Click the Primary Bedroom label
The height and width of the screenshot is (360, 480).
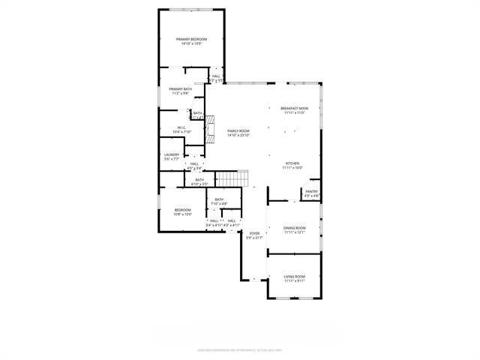[191, 39]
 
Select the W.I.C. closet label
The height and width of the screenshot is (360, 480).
[181, 127]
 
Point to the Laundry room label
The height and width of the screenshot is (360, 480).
[172, 155]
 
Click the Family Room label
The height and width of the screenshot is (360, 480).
[238, 131]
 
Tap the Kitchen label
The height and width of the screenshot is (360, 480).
[292, 163]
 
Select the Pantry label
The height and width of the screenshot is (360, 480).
[312, 192]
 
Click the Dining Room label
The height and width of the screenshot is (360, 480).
[294, 228]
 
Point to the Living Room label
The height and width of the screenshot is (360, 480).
[294, 277]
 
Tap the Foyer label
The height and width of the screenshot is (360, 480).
[255, 233]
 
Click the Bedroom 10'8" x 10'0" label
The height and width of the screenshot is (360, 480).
[183, 210]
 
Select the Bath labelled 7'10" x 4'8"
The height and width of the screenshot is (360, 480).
[218, 199]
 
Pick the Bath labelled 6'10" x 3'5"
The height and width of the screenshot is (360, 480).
[199, 179]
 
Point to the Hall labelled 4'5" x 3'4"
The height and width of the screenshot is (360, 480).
[194, 163]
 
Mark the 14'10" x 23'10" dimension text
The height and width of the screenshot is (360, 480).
[238, 135]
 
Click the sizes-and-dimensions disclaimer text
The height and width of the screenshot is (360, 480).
[239, 349]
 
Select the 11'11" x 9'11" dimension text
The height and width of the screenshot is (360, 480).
[294, 280]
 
